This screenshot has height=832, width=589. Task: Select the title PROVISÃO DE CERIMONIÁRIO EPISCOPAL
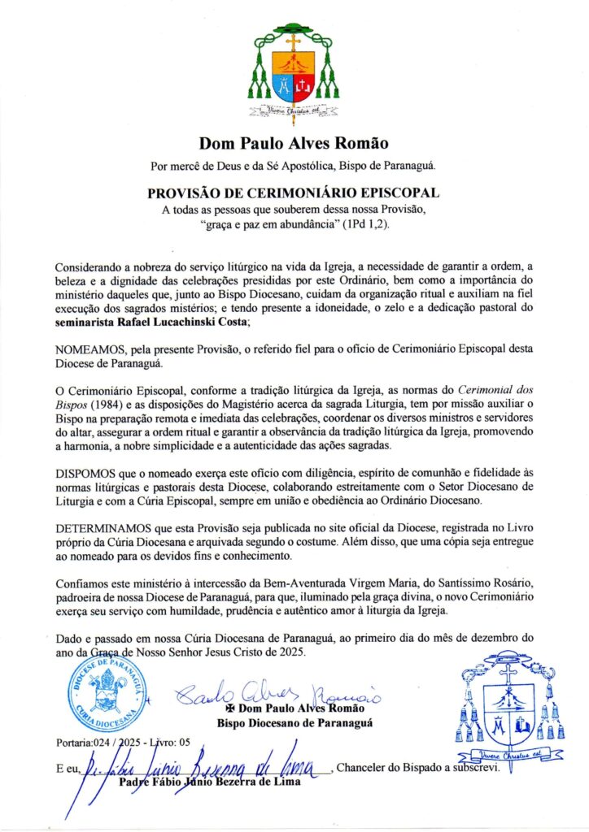tap(294, 194)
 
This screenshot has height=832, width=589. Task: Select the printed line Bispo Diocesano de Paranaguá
tap(294, 722)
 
